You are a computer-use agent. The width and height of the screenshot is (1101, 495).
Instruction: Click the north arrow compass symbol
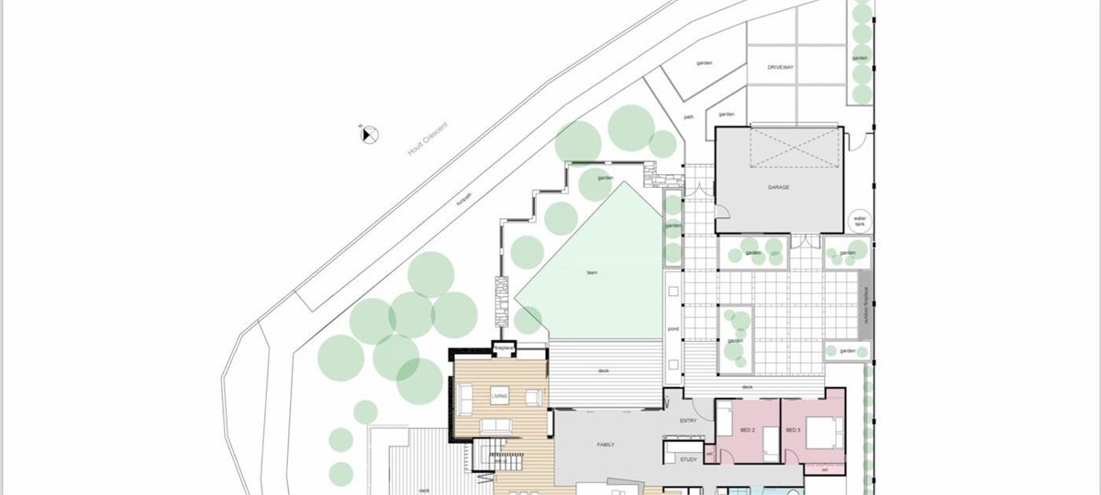(369, 135)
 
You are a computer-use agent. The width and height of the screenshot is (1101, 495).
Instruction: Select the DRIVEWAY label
(780, 68)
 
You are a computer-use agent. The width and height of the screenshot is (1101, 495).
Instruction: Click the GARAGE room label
(779, 187)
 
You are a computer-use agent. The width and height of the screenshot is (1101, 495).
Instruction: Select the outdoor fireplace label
(863, 305)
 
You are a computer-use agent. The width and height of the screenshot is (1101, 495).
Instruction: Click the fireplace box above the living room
(503, 348)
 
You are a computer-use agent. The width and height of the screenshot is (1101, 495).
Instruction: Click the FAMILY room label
(605, 445)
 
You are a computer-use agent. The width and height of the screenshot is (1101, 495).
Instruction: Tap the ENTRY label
(688, 421)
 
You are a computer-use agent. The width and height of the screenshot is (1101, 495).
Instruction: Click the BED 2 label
(747, 429)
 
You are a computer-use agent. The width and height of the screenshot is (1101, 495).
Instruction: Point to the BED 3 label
(793, 429)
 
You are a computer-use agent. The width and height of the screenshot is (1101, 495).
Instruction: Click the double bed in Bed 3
(822, 429)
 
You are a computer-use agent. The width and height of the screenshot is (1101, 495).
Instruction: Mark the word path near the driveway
(688, 117)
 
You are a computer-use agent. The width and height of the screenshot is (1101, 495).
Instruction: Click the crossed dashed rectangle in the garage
(795, 148)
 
